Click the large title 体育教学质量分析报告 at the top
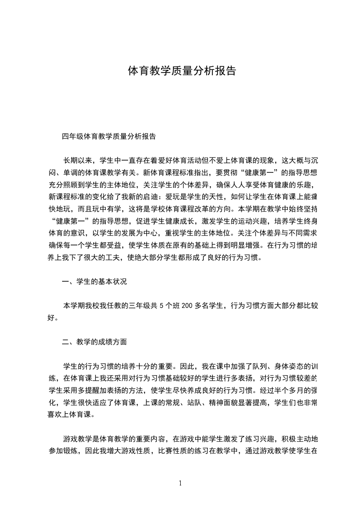click(182, 71)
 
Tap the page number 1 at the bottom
click(181, 483)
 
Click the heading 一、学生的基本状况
click(94, 282)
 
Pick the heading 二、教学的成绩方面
click(94, 342)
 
